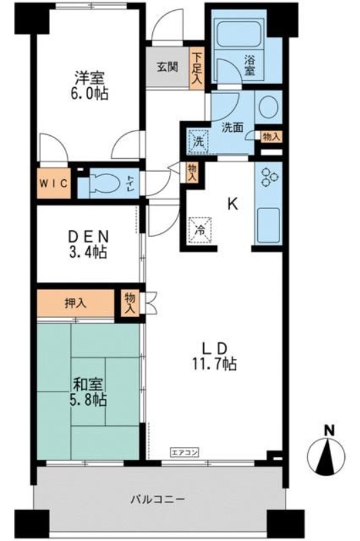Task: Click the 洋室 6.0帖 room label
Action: coord(90,86)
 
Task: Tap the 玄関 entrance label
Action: coord(168,66)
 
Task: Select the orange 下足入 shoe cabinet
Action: coord(197,67)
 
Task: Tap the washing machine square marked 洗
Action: coord(198,141)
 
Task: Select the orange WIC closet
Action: coord(53,183)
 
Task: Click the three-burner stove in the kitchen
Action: coord(269,178)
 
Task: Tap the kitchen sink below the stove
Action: coord(269,226)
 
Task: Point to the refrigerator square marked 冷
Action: coord(200,230)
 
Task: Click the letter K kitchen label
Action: coord(232,205)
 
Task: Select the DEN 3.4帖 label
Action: coord(88,244)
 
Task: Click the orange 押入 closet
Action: coord(76,303)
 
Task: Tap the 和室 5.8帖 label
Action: coord(89,392)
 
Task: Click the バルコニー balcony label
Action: coord(158,499)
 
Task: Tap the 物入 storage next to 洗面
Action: coord(271,137)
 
